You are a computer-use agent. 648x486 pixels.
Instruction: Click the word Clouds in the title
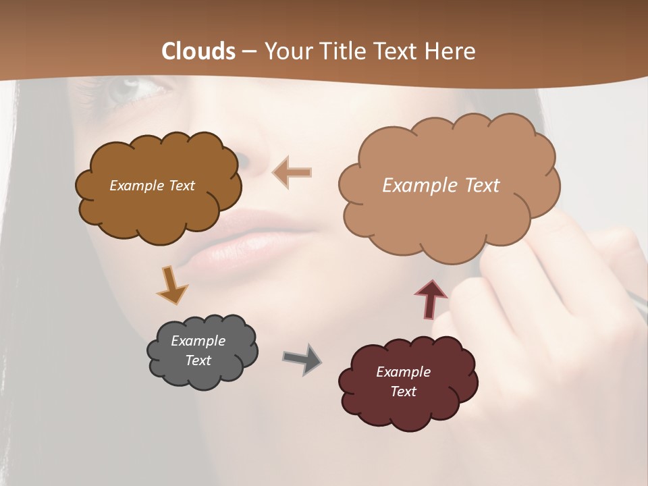pyautogui.click(x=198, y=51)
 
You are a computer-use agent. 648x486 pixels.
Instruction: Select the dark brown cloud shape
pyautogui.click(x=158, y=186)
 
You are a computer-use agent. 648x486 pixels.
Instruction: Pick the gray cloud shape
pyautogui.click(x=202, y=351)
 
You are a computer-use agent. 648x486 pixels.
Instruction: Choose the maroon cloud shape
pyautogui.click(x=408, y=382)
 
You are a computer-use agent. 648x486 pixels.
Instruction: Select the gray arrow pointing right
pyautogui.click(x=302, y=358)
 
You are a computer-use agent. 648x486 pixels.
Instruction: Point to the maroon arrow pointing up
pyautogui.click(x=430, y=298)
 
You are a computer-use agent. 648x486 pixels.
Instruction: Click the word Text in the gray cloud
pyautogui.click(x=198, y=360)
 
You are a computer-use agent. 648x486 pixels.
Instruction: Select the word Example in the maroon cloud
pyautogui.click(x=403, y=372)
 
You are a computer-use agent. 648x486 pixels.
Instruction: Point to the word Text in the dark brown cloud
pyautogui.click(x=181, y=186)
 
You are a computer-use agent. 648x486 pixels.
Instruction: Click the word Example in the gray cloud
pyautogui.click(x=198, y=341)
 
